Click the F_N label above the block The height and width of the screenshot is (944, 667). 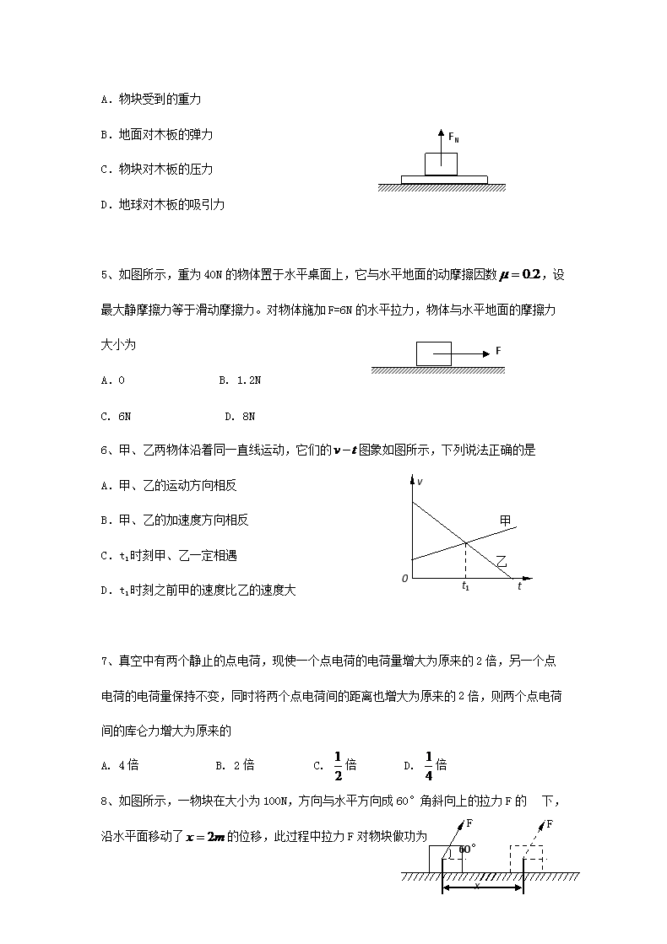pos(453,137)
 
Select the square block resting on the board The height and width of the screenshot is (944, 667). pos(441,164)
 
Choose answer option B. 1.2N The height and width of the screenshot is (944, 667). pos(240,380)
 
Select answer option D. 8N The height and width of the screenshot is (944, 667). pos(240,416)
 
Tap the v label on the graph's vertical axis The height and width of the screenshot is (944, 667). pos(420,482)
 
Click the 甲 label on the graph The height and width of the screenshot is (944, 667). pos(505,521)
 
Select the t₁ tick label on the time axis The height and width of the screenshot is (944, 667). pos(465,585)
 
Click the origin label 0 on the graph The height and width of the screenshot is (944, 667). pos(405,579)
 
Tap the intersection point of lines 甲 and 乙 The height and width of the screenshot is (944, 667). pos(465,542)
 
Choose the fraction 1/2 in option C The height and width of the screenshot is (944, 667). pos(338,766)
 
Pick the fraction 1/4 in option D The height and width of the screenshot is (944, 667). pos(428,766)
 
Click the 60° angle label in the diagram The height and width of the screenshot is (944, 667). pos(467,850)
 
